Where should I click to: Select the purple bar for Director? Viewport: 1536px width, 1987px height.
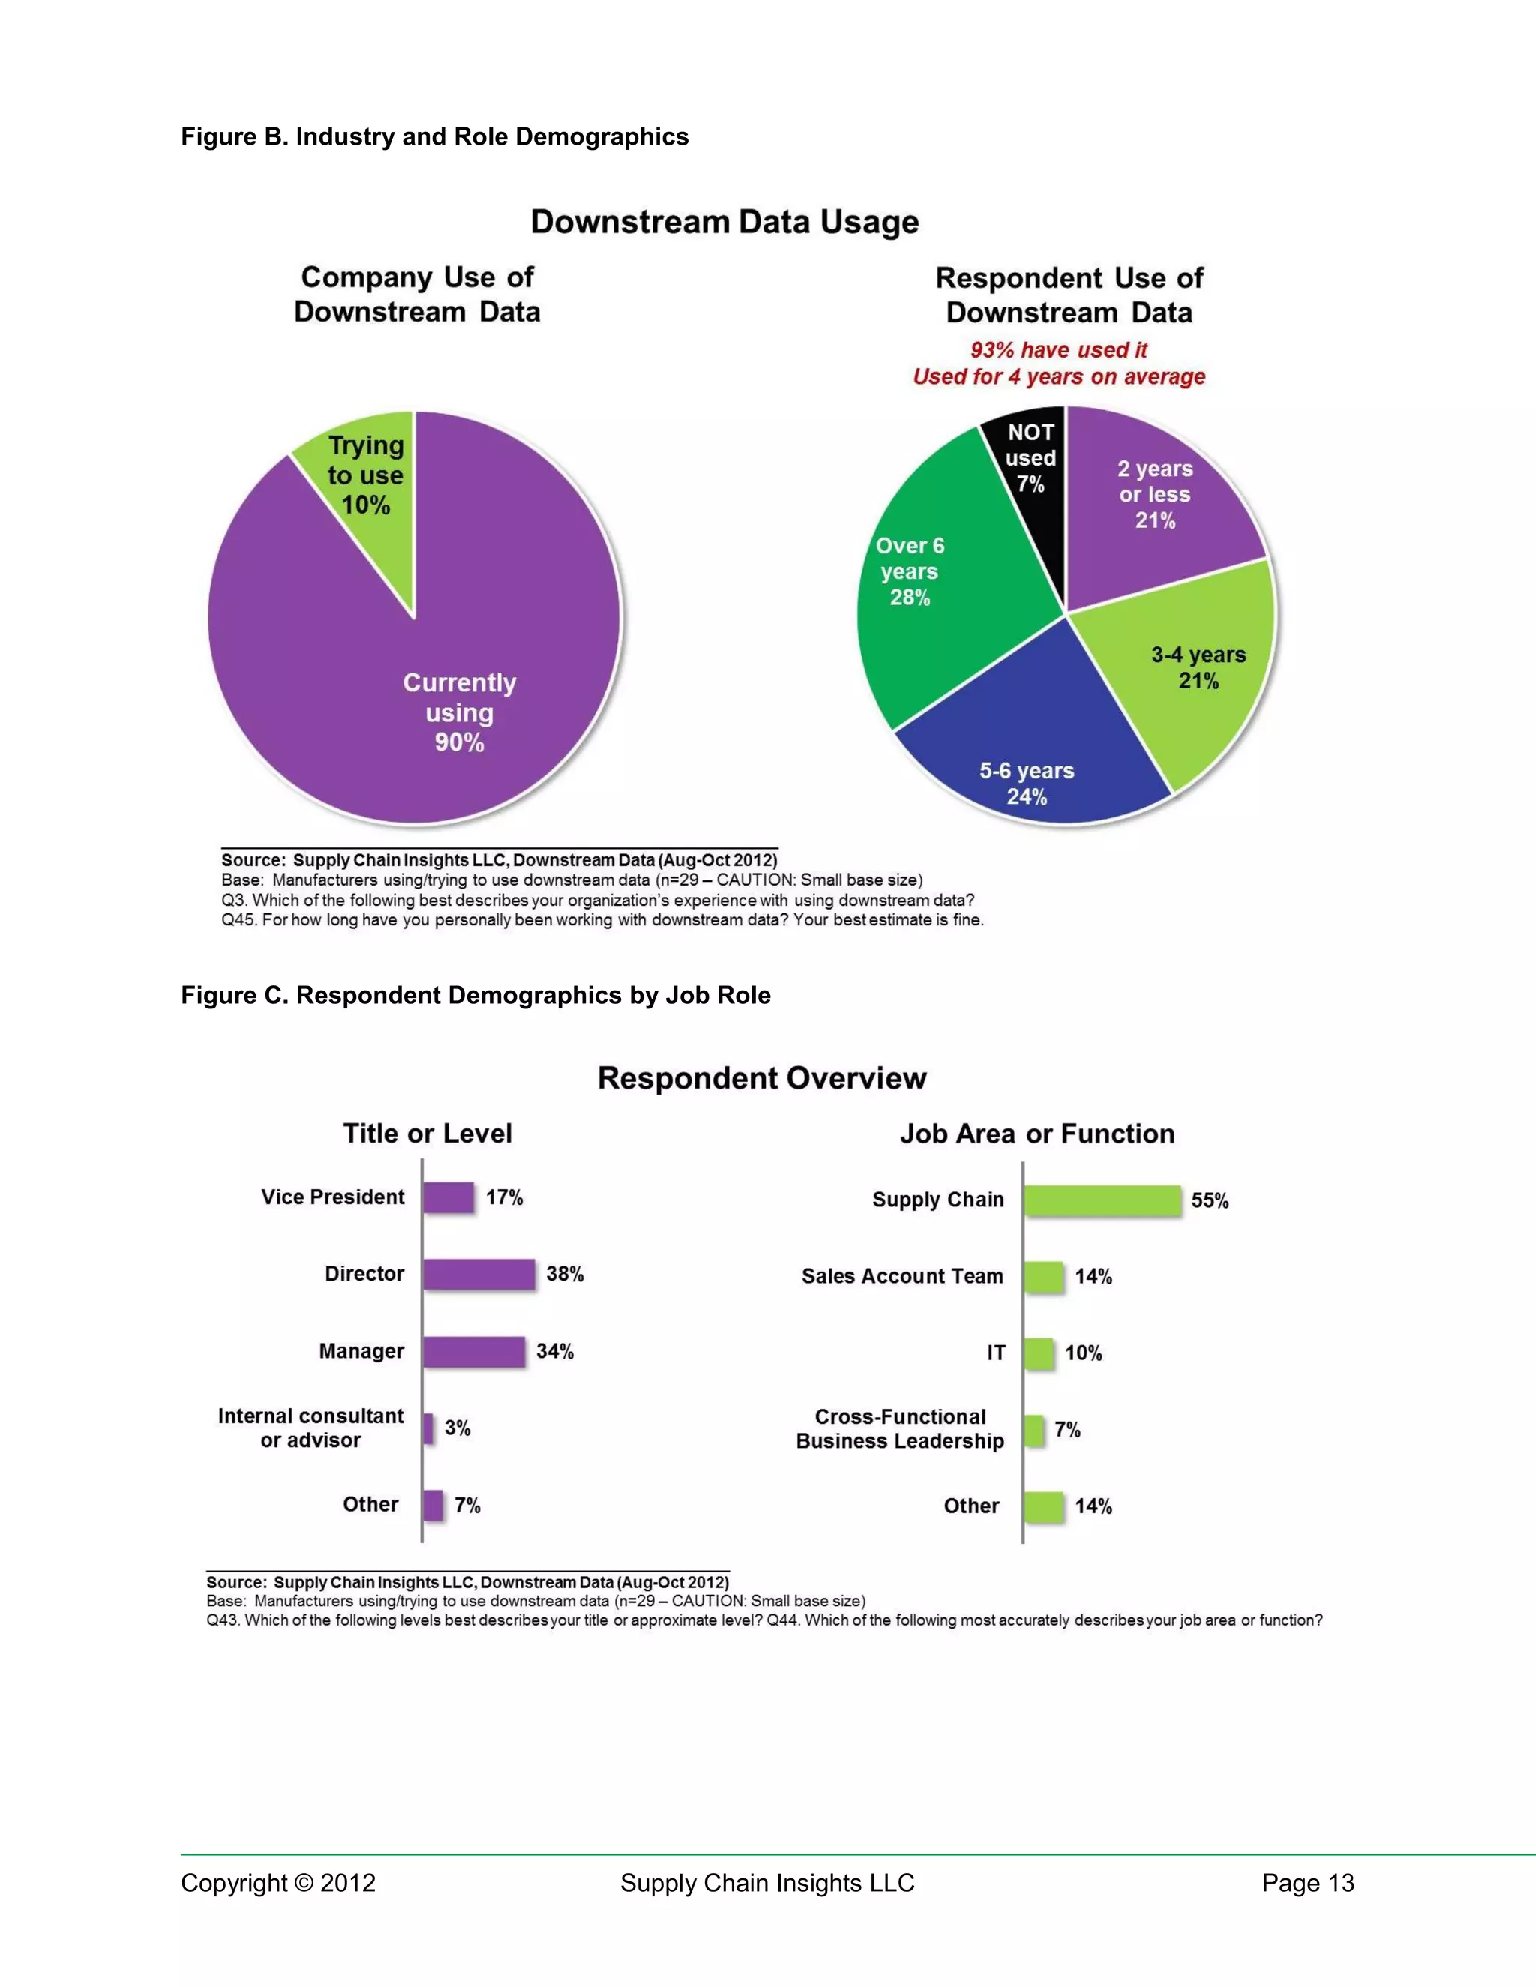pos(478,1274)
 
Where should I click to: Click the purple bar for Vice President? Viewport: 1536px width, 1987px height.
pos(448,1197)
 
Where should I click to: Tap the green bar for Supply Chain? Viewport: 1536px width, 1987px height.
pos(1102,1200)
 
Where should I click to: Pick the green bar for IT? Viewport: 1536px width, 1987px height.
pos(1039,1353)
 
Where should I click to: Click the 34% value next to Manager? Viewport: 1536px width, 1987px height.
pos(555,1351)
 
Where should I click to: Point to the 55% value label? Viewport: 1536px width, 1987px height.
pos(1210,1201)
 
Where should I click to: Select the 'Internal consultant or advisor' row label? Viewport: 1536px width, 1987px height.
pos(311,1428)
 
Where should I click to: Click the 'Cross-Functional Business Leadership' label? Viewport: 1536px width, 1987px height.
pos(900,1429)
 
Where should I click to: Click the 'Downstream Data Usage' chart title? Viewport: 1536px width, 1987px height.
pos(724,222)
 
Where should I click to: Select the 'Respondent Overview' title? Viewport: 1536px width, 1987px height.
pos(762,1078)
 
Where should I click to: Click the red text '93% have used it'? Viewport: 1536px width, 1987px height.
pos(1058,350)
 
